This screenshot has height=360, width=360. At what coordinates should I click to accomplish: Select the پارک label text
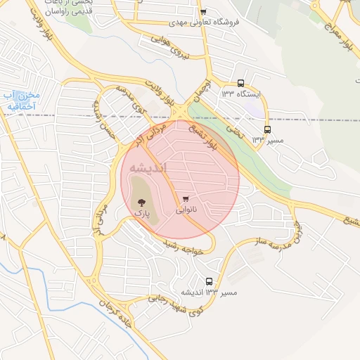coord(143,212)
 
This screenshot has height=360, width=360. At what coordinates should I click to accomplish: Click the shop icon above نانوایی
coord(186,199)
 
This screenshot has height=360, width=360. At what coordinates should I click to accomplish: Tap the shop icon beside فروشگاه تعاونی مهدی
coord(203,12)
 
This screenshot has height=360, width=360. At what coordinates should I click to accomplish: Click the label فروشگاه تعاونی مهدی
coord(229,22)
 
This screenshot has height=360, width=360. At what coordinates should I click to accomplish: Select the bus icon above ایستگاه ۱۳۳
coord(241,82)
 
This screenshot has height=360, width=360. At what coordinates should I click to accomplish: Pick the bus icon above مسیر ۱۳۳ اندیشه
coord(209,281)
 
